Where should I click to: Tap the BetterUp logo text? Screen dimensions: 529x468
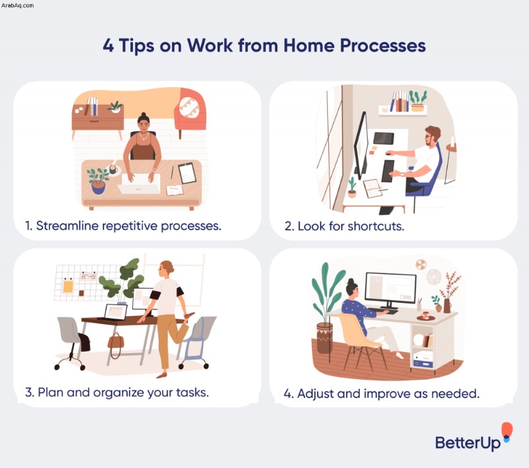pos(468,443)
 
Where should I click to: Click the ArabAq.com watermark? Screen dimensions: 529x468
pos(18,5)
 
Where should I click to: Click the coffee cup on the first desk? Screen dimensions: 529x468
pos(113,169)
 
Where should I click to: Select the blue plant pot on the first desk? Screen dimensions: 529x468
pos(98,187)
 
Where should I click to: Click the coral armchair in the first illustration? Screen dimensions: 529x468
pos(190,110)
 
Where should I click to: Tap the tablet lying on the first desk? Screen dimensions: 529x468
pos(187,173)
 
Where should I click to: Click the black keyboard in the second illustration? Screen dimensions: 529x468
pos(387,171)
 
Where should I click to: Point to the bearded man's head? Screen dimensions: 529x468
pos(432,136)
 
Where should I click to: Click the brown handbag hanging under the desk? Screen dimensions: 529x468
pos(116,342)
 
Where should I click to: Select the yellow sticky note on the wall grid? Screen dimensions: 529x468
pos(68,287)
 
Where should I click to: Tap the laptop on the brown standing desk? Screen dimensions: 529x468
pos(114,313)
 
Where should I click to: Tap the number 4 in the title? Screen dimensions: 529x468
pos(108,45)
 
